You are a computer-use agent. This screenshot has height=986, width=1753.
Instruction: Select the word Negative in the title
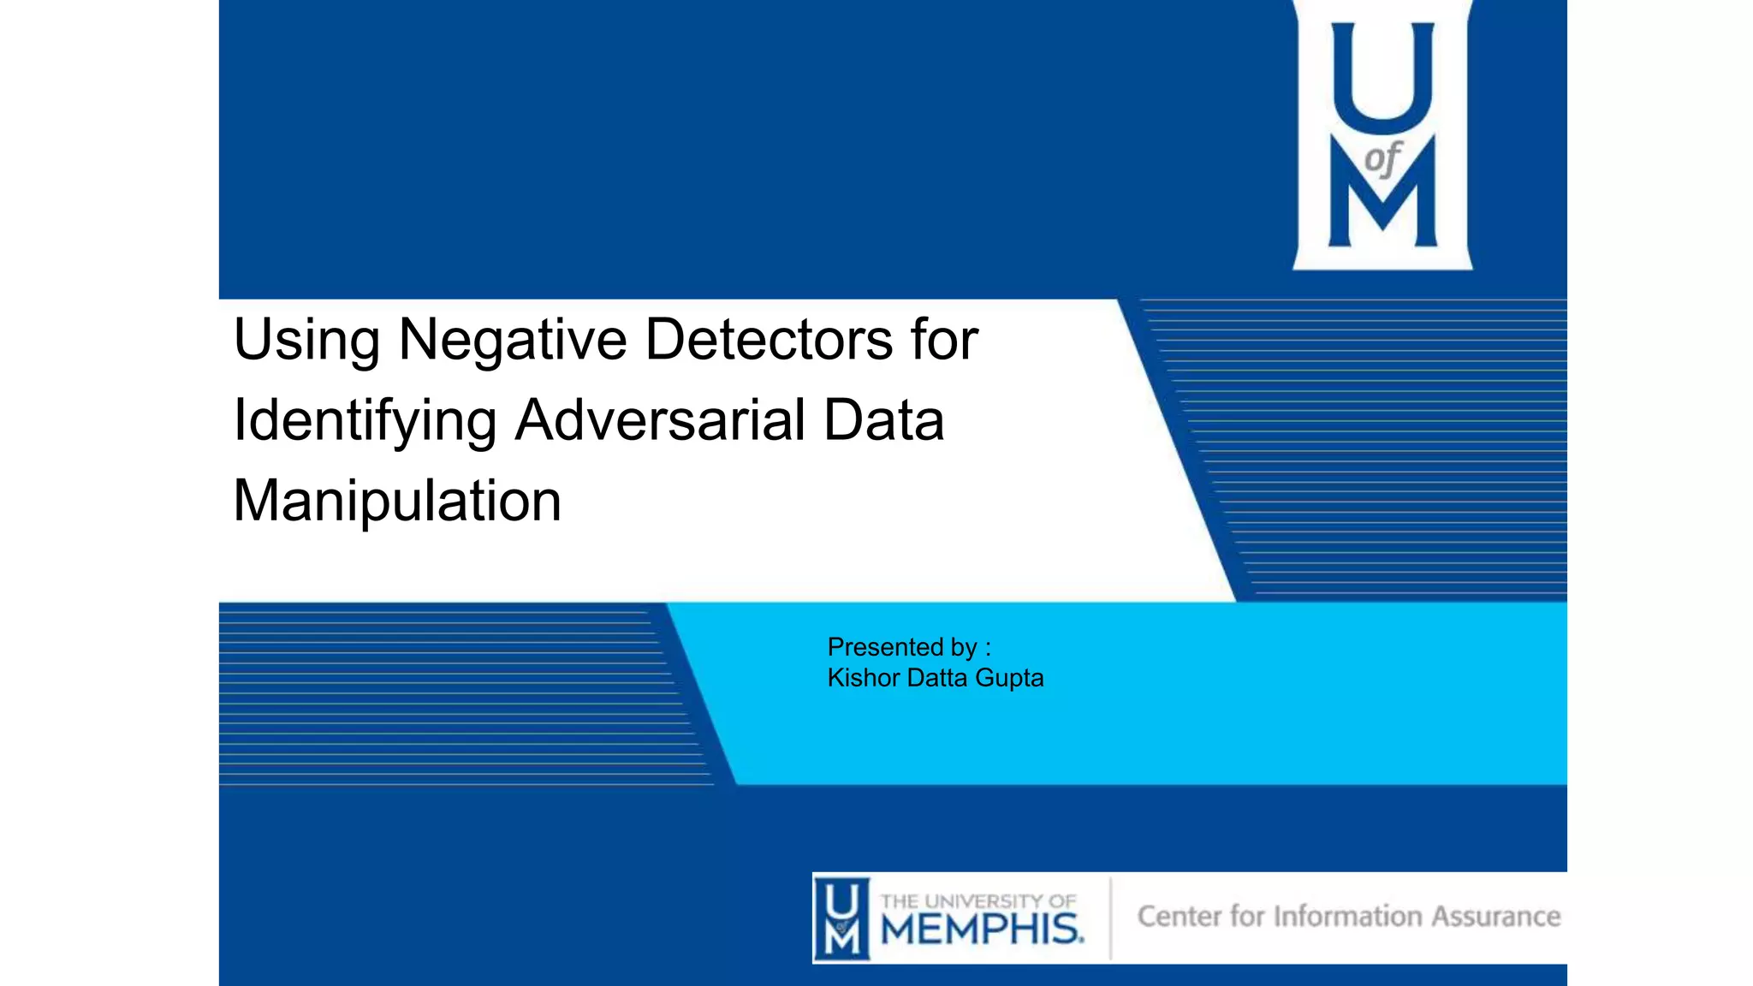[x=513, y=340]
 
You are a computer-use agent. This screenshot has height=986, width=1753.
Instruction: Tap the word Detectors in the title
[x=769, y=340]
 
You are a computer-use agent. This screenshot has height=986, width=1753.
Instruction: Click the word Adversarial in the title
[x=660, y=420]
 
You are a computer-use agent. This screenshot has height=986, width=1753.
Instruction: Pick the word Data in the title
[x=883, y=420]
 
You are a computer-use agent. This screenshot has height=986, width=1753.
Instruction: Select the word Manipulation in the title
[x=397, y=501]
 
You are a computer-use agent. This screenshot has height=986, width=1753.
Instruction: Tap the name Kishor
[x=863, y=678]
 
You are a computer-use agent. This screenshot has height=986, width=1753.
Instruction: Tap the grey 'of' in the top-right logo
[x=1382, y=159]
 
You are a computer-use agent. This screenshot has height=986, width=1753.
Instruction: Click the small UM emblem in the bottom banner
[x=841, y=918]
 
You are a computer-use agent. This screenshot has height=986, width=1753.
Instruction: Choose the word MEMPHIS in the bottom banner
[x=981, y=929]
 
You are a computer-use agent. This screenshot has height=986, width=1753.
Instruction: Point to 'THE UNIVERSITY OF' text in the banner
[x=978, y=901]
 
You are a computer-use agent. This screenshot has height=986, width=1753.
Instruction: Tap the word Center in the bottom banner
[x=1178, y=916]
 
